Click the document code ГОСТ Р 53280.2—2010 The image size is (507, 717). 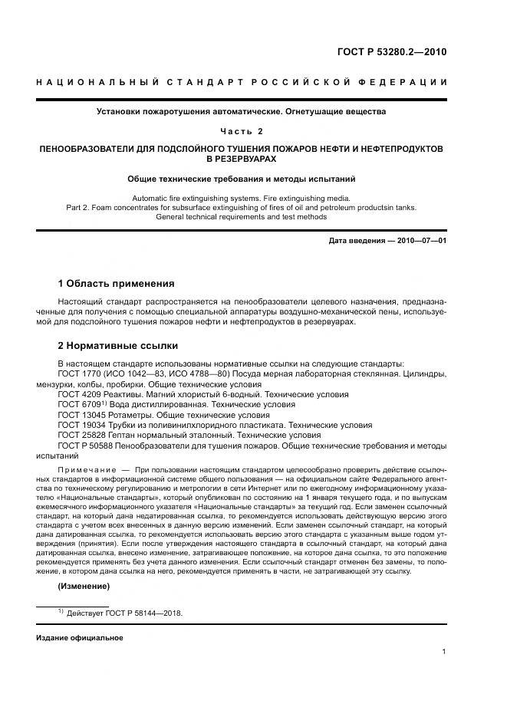391,52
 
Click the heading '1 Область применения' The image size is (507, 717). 117,284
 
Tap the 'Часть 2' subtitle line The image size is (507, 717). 241,131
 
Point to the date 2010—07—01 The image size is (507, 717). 419,242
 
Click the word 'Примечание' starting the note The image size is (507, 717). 84,468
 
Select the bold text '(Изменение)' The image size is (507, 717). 84,586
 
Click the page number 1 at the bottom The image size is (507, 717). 444,652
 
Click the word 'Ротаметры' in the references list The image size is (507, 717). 124,414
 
